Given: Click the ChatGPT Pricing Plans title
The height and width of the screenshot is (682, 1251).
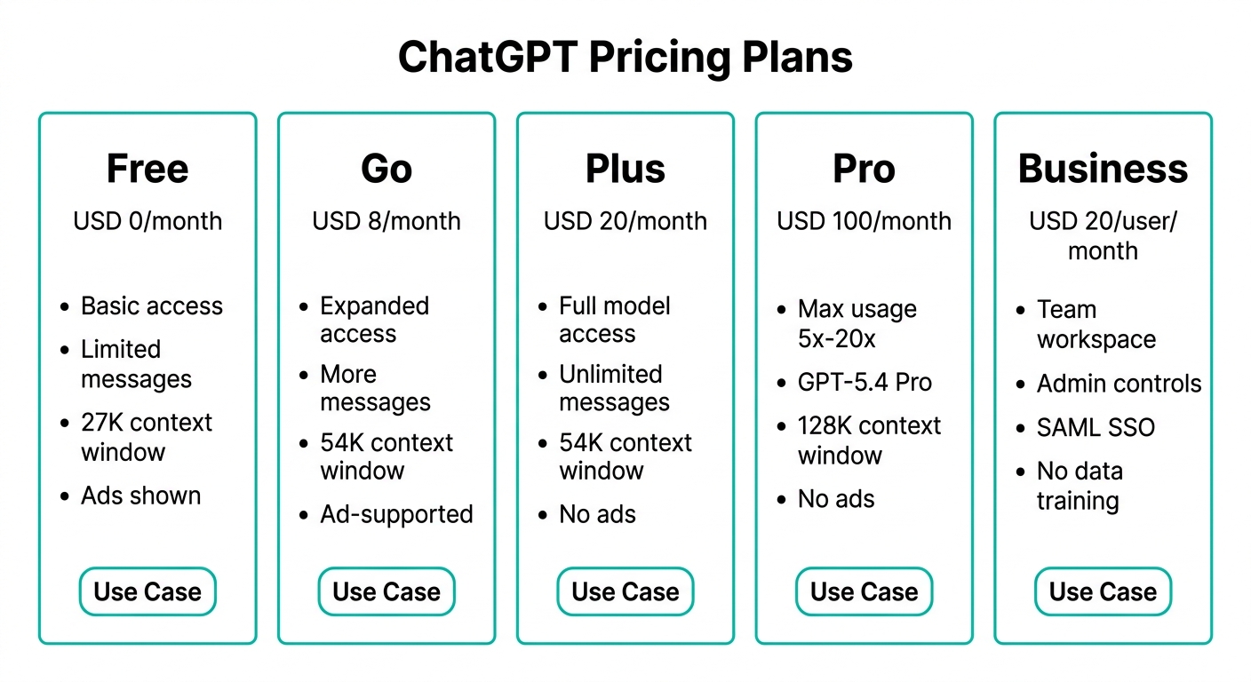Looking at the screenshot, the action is coord(625,58).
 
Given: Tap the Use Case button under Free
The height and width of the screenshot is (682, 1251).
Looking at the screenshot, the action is coord(147,591).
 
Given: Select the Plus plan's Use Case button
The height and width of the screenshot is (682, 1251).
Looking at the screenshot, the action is coord(625,591).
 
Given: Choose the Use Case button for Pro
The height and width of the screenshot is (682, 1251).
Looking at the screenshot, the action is coord(864,591).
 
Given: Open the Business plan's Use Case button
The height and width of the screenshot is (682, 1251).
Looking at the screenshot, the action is coord(1103,591).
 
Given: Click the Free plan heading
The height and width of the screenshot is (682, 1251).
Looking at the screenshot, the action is coord(147,169).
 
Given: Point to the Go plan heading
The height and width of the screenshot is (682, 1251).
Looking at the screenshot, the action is coord(386,169).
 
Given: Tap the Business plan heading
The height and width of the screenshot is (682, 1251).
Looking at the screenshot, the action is coord(1103,169).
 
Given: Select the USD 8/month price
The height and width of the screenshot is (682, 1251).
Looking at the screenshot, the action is coord(386,222).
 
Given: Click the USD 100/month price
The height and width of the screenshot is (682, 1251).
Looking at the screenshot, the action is coord(864,222).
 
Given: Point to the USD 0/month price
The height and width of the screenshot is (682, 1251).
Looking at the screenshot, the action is coord(147,222).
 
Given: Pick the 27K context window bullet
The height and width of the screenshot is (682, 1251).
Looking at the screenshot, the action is coord(147,437).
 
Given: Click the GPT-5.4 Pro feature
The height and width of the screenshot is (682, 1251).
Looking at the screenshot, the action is coord(865,383).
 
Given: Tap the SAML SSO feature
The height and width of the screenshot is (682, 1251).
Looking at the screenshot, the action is coord(1096,427).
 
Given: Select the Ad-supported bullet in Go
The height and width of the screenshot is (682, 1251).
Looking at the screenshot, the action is coord(396,514).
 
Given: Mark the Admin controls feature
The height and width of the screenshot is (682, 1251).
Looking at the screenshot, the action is coord(1120,384).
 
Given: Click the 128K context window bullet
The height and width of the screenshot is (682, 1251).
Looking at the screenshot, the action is coord(869,440).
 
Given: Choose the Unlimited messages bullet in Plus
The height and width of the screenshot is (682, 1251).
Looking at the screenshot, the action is coord(614,388).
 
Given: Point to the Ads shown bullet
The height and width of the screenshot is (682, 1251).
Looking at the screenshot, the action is coord(140,496).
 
